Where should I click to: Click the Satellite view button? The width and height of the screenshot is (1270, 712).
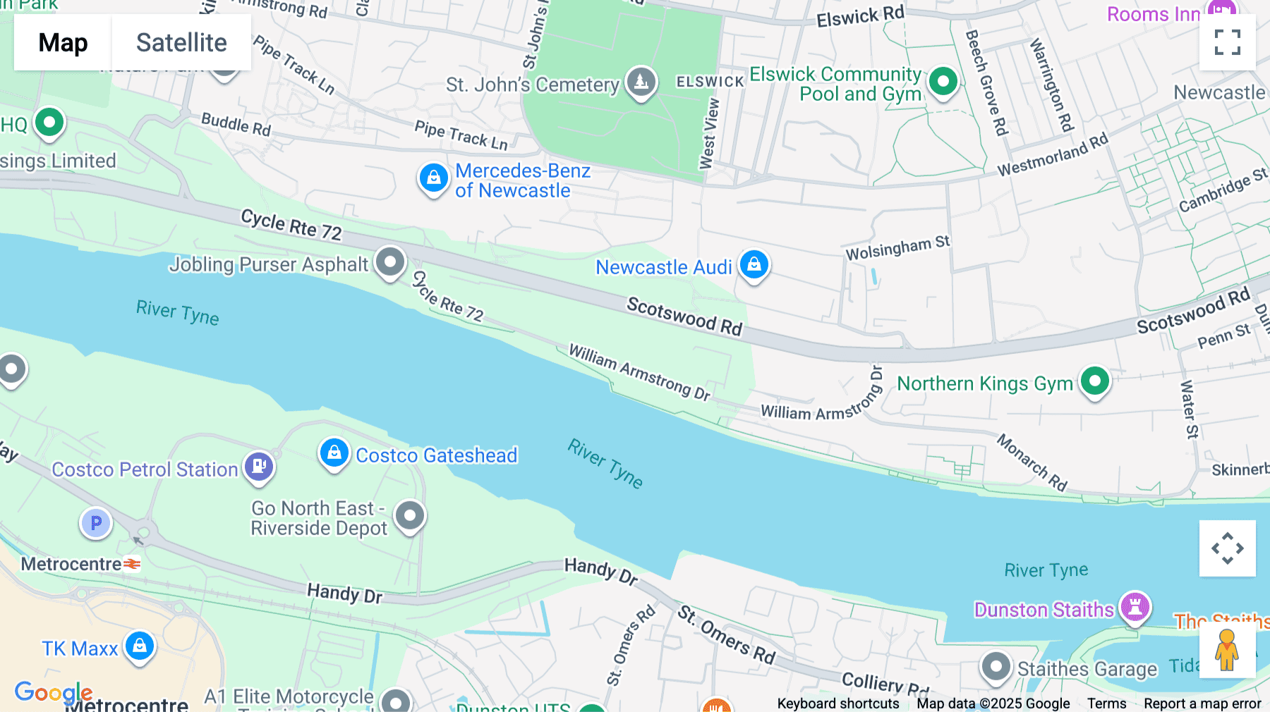pos(181,42)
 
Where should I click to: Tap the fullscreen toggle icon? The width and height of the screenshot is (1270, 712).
pos(1227,42)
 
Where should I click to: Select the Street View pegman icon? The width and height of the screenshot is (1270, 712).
pos(1227,649)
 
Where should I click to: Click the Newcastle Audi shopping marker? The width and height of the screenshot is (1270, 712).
pos(754,265)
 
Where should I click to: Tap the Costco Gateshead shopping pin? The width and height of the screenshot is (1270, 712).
pos(334,453)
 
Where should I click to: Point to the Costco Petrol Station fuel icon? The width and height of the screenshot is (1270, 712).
pos(259,467)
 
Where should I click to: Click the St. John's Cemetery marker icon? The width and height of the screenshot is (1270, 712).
pos(641,82)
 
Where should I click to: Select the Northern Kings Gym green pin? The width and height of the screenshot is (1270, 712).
pos(1094,382)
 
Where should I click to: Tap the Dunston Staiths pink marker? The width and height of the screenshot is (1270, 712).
pos(1135,606)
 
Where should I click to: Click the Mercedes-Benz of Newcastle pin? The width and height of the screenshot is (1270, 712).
pos(433,178)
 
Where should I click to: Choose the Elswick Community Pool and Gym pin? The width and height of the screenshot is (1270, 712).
pos(943,82)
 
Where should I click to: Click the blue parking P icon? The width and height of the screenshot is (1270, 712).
pos(96,523)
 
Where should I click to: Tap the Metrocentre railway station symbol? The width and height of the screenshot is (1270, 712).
pos(132,564)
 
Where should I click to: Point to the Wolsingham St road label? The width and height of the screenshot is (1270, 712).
pos(897,248)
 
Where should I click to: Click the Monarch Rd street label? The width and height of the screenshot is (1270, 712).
pos(1032,462)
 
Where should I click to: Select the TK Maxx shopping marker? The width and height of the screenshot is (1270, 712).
pos(139,646)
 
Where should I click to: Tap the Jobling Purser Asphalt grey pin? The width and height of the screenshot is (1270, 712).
pos(389,262)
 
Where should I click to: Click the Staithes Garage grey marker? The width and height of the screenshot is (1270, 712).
pos(996,666)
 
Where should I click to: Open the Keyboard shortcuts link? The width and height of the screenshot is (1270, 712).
pos(837,704)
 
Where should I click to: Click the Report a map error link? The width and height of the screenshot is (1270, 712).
pos(1202,704)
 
